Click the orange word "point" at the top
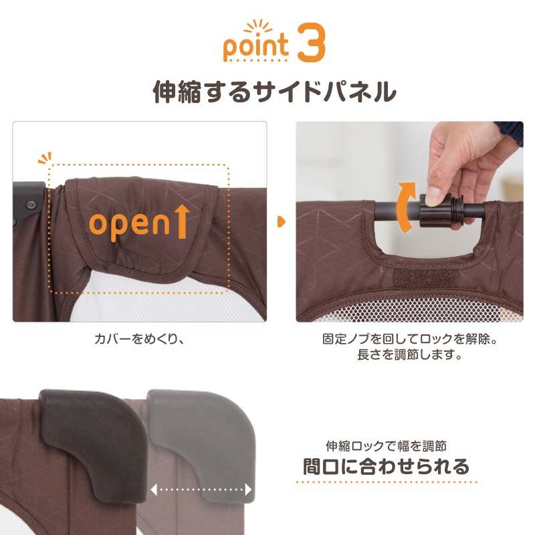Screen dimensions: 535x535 256,46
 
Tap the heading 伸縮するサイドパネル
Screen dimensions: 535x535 275,91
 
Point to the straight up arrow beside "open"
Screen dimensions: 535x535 183,221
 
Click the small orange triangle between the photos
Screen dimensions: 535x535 281,221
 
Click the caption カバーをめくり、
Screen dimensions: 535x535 139,339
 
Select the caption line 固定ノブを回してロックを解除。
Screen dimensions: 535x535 410,339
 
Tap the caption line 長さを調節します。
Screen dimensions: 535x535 410,354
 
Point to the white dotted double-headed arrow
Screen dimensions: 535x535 201,490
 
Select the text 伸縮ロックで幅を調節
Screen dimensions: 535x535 387,446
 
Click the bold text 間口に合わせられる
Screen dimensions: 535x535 387,466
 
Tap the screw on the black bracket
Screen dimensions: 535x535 31,205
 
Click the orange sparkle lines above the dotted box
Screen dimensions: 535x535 45,158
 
